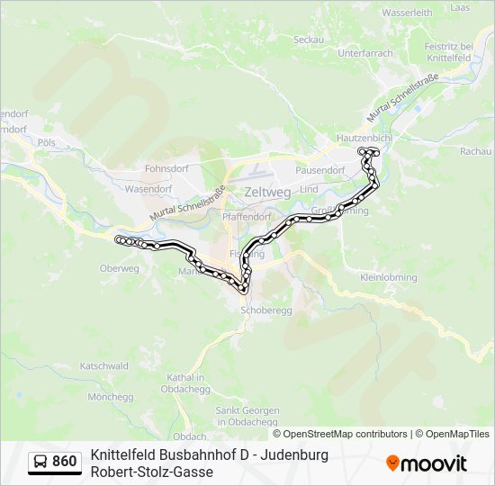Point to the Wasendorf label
[x=148, y=190]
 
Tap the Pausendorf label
[x=320, y=169]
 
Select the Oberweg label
[x=120, y=268]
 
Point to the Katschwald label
[x=104, y=366]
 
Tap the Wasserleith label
[x=407, y=13]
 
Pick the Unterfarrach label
[x=365, y=53]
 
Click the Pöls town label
[x=48, y=142]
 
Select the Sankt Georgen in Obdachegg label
[x=246, y=416]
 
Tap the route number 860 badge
[x=65, y=462]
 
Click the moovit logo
[x=427, y=463]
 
